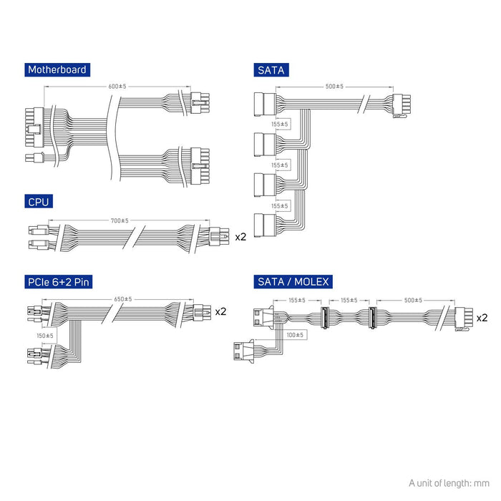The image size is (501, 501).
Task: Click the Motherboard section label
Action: (x=57, y=69)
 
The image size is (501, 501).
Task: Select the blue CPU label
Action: (x=38, y=203)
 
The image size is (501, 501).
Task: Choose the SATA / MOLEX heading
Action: (x=292, y=281)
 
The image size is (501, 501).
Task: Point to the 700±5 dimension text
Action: (x=120, y=220)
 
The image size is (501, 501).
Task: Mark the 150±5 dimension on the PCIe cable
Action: (x=44, y=335)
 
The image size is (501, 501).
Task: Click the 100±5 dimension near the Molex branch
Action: (x=295, y=334)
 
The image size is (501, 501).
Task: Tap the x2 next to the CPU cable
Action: (x=240, y=235)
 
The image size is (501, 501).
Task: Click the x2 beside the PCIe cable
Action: (x=220, y=311)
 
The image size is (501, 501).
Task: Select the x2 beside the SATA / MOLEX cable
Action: (x=482, y=317)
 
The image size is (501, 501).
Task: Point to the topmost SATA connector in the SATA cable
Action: (x=263, y=104)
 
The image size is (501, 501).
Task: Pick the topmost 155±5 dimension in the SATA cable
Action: (x=280, y=125)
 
